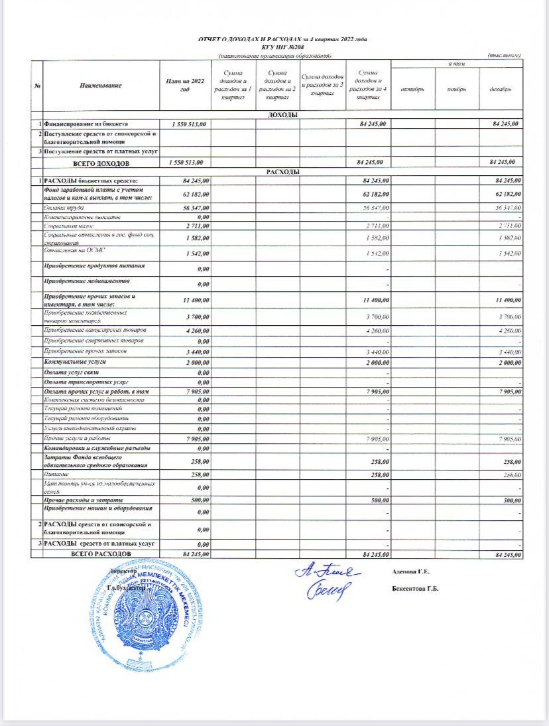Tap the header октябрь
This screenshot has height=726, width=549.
pos(412,89)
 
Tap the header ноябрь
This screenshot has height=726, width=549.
pos(457,89)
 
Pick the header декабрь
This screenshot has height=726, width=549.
pos(501,89)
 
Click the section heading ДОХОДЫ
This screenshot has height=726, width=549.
pos(282,115)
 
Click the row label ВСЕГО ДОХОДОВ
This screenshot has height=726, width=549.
pos(101,163)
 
